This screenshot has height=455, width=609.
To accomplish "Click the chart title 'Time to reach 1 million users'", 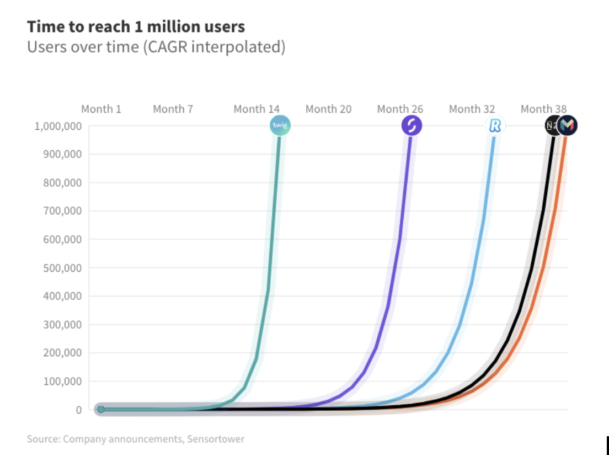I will pos(136,27).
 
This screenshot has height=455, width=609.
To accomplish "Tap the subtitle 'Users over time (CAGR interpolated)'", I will pos(156,47).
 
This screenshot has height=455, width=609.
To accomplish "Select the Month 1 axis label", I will pos(101,109).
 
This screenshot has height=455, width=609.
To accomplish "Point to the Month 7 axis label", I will pos(173,109).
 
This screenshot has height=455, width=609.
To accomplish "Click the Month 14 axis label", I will pos(257,109).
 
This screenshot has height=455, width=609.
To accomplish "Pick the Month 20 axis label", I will pos(328,109).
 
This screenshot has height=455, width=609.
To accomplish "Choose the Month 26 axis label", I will pos(400,109).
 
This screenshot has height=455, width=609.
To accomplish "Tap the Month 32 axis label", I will pos(472,109).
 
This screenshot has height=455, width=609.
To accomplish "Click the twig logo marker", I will pos(280,126).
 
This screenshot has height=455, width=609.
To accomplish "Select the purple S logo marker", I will pos(411,126).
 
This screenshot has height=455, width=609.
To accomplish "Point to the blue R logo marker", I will pos(495,126).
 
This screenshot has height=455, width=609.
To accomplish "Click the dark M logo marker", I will pos(567,126).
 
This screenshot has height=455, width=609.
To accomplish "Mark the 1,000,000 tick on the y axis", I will pos(58,126).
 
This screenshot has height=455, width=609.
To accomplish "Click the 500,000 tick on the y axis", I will pos(62,268).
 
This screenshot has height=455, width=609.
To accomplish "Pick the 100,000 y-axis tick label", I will pos(62,381).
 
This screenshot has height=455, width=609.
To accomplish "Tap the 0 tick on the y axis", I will pos(79,410).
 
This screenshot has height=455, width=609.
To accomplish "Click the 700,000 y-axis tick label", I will pos(62,211).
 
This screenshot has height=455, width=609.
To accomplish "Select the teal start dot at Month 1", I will pos(100,410).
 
